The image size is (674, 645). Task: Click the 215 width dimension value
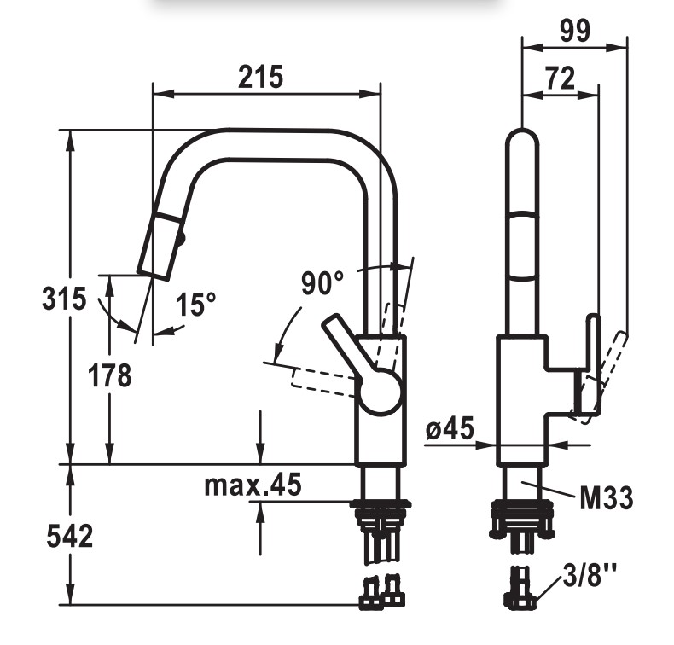261,78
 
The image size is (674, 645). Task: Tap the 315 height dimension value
64,299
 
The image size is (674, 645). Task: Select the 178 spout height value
109,375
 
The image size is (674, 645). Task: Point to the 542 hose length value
69,536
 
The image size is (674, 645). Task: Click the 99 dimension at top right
575,31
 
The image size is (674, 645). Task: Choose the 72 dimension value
560,78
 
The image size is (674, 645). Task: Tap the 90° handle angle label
322,282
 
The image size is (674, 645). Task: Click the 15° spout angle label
195,305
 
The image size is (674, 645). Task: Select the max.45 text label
253,485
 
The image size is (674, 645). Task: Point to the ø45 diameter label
450,428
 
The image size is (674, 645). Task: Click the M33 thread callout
606,497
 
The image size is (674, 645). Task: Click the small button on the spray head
182,237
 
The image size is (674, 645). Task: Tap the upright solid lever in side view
590,365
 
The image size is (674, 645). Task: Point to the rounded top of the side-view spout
522,137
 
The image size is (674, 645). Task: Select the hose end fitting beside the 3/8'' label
521,588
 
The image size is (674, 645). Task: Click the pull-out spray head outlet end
153,275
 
